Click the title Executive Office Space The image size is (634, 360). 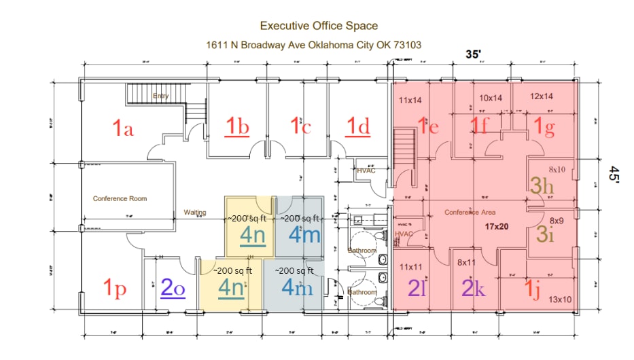click(319, 26)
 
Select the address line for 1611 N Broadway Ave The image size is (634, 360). click(314, 45)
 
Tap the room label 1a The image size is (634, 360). click(123, 127)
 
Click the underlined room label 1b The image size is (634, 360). click(238, 126)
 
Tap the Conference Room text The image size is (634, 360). click(120, 199)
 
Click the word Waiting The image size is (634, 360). click(195, 212)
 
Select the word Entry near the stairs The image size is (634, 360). click(160, 96)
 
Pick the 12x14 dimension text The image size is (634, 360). click(542, 96)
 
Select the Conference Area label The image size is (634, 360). click(470, 212)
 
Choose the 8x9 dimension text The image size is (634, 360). click(557, 220)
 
